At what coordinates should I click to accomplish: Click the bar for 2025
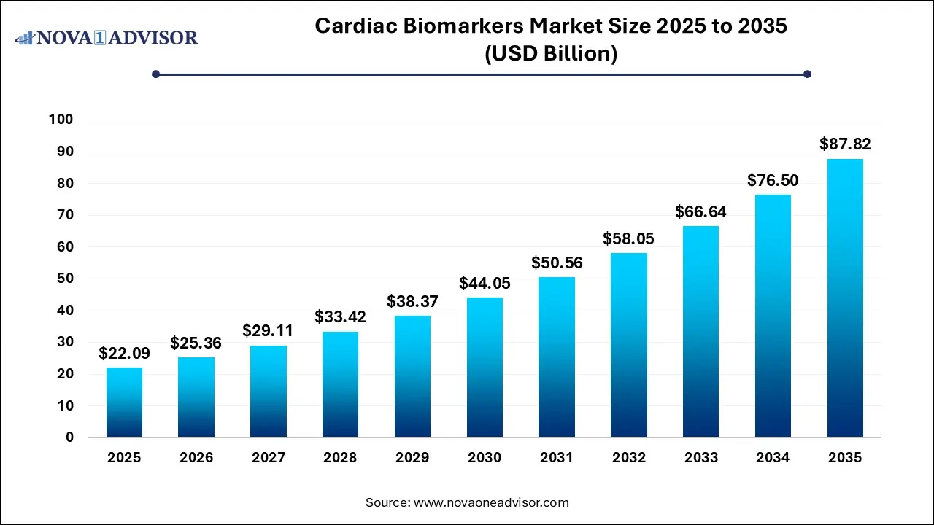click(x=124, y=402)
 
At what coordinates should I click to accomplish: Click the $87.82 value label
click(x=845, y=144)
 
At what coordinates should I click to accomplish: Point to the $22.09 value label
click(x=124, y=354)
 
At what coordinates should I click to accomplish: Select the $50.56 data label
click(x=557, y=262)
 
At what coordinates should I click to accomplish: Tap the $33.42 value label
click(x=340, y=316)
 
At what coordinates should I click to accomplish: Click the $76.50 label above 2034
click(x=773, y=180)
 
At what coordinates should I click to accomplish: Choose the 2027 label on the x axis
click(x=268, y=458)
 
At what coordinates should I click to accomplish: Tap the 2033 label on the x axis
click(x=700, y=458)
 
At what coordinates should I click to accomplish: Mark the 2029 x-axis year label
click(x=412, y=458)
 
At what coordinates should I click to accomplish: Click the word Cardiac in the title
click(x=355, y=26)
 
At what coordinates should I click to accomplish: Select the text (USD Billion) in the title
click(x=551, y=54)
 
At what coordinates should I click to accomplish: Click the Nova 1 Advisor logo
click(x=107, y=37)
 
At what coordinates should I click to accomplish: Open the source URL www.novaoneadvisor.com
click(x=491, y=502)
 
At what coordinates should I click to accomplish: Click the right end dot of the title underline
click(x=807, y=74)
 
